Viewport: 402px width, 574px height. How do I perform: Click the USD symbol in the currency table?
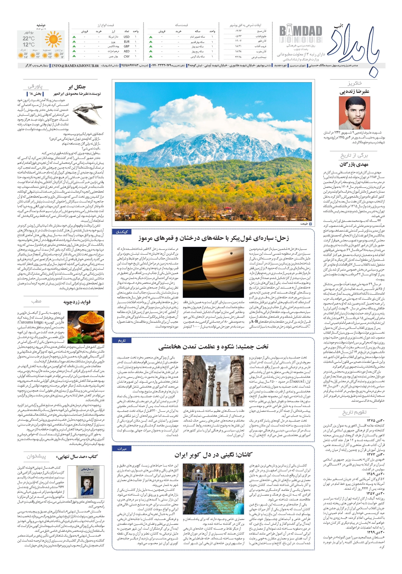coord(126,37)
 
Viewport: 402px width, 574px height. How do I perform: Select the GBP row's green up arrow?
coord(74,46)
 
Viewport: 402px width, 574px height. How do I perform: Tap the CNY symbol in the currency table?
coord(127,57)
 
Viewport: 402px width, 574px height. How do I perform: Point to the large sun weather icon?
coord(53,39)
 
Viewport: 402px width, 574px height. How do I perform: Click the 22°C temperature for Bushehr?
coord(28,39)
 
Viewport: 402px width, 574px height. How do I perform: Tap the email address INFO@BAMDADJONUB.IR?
coord(75,65)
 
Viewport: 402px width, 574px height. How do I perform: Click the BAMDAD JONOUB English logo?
coord(300,34)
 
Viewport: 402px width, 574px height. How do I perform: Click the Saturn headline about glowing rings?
coord(213,238)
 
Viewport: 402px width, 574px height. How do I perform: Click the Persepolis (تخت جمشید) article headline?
coord(213,346)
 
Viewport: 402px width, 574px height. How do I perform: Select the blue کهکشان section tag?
coord(122,232)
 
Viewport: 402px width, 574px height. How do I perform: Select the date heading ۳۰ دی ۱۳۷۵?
coord(375,420)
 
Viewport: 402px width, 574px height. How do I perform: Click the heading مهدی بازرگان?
coord(354,165)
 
